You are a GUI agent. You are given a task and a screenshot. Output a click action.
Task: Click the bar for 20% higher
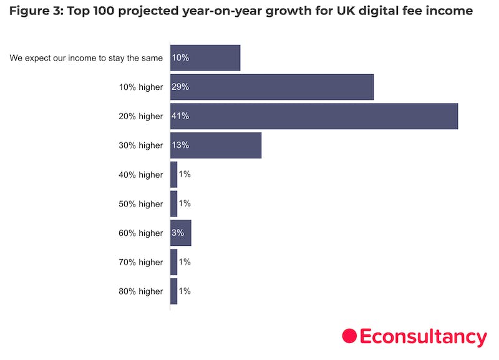(x=314, y=116)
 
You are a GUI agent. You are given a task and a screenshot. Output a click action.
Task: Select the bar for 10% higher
(x=271, y=87)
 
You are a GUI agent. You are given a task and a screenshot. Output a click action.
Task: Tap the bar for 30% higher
(x=215, y=145)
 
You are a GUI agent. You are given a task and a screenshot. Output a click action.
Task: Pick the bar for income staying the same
(x=205, y=57)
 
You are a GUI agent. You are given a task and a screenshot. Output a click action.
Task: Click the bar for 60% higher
(x=180, y=233)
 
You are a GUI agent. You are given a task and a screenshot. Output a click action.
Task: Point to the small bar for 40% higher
(x=173, y=175)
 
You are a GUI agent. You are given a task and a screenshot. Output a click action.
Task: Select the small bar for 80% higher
(x=173, y=291)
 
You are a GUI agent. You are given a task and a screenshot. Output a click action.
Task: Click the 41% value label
(x=180, y=116)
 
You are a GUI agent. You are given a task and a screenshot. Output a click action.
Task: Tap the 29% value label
(x=180, y=87)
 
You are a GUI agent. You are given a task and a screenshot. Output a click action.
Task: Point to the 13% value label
(x=180, y=145)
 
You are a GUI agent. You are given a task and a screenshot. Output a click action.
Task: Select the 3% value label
(x=177, y=233)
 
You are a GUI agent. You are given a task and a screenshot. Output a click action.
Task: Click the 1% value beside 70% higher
(x=185, y=262)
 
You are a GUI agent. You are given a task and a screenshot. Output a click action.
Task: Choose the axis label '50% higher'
(x=141, y=204)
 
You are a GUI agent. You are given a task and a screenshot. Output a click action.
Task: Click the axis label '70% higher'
(x=141, y=262)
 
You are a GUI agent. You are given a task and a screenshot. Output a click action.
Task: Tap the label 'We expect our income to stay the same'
(x=86, y=58)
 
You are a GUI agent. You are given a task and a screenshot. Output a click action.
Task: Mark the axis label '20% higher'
(x=141, y=116)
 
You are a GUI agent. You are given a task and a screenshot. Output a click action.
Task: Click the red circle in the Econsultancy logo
(x=349, y=336)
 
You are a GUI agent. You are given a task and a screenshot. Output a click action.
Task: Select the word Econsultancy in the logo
(x=423, y=337)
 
